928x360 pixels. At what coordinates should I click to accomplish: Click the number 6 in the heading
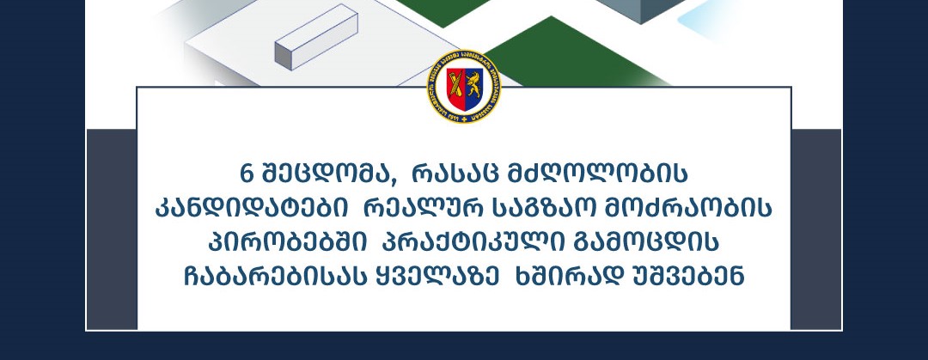(246, 174)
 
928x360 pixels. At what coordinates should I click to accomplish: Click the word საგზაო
(541, 209)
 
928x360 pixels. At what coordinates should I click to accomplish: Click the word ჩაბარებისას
(275, 278)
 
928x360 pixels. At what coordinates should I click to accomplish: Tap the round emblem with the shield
(464, 87)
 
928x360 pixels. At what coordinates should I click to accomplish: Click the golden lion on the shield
(473, 85)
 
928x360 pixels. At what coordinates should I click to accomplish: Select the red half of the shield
(455, 88)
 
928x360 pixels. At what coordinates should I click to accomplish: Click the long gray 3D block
(316, 37)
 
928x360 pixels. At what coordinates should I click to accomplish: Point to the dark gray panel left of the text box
(112, 229)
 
